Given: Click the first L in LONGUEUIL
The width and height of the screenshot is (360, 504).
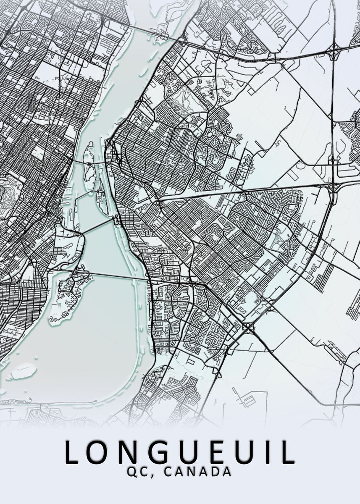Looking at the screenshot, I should click(x=72, y=452).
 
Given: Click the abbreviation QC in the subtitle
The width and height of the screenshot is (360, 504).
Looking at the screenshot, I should click(x=136, y=472).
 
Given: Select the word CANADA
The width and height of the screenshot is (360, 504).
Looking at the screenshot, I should click(x=197, y=472).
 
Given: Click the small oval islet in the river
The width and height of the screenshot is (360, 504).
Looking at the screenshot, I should click(x=23, y=370).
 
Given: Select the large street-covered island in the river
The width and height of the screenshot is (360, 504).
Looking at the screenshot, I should click(x=67, y=294).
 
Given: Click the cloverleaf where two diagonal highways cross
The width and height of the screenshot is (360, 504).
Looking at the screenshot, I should click(x=249, y=328).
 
